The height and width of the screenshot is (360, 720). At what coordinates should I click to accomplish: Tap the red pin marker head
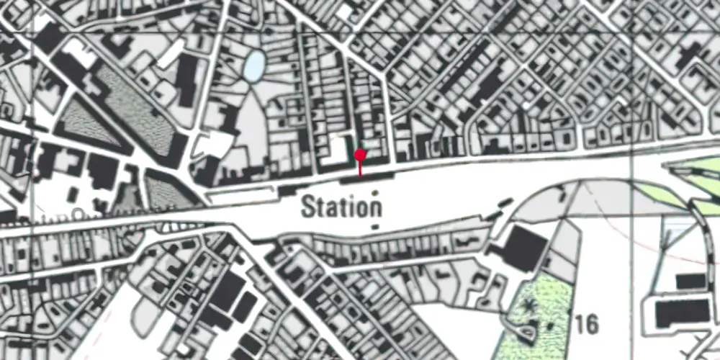pyautogui.click(x=360, y=155)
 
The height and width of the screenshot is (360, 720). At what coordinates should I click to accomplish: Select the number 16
pyautogui.click(x=588, y=325)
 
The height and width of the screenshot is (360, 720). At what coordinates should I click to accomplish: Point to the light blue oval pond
pyautogui.click(x=253, y=67)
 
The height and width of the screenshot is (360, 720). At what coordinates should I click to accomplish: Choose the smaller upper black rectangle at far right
pyautogui.click(x=690, y=281)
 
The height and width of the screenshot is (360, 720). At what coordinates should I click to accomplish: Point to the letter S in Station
pyautogui.click(x=309, y=207)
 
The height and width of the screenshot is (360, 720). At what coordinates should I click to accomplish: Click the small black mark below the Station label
pyautogui.click(x=374, y=228)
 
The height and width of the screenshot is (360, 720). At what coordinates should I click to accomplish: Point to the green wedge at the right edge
pyautogui.click(x=695, y=169)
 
